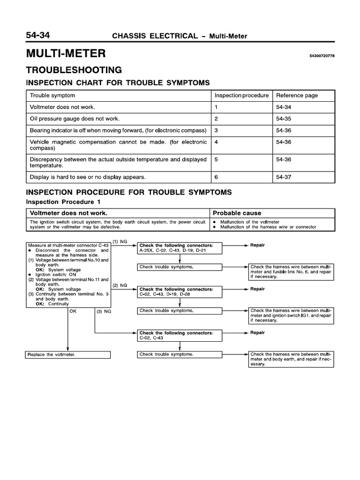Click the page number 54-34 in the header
coord(41,35)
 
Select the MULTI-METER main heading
coord(66,54)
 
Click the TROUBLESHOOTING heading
coord(74,70)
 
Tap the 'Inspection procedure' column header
coord(241,95)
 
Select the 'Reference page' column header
coord(297,95)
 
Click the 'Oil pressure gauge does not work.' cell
coord(75,118)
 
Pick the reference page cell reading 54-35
coord(284,118)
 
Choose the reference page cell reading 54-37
coord(284,177)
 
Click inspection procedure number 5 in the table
coord(217,159)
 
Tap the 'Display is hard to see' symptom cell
coord(88,177)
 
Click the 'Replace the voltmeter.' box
coord(68,354)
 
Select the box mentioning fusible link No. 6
coord(290,271)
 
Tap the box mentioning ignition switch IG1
coord(290,316)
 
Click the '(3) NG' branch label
coord(104,311)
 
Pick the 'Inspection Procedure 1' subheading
coord(63,202)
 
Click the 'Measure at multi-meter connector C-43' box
coord(68,274)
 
